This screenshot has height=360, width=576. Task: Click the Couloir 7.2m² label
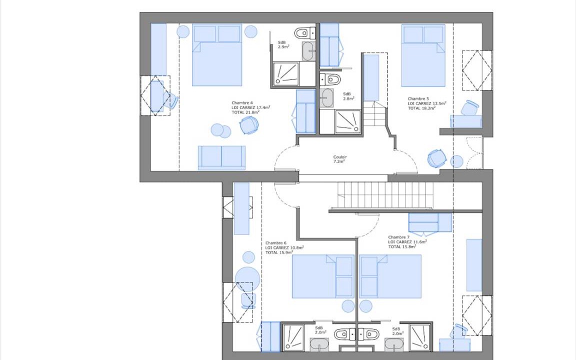click(x=340, y=159)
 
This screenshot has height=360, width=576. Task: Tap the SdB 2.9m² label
click(x=283, y=45)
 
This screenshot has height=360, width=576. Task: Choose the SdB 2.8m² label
click(x=348, y=96)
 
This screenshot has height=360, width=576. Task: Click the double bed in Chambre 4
click(x=216, y=55)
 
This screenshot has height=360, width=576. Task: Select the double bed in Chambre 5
click(x=423, y=56)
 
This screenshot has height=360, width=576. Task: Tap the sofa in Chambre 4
click(x=221, y=157)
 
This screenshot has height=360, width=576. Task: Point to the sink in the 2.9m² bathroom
click(x=308, y=50)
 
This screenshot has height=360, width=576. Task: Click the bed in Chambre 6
click(x=323, y=276)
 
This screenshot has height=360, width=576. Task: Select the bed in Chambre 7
click(x=390, y=276)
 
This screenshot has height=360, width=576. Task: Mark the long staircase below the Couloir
click(x=385, y=195)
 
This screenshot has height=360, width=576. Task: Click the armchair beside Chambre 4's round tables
click(x=249, y=125)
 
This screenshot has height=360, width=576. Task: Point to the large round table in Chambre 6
click(x=247, y=279)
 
